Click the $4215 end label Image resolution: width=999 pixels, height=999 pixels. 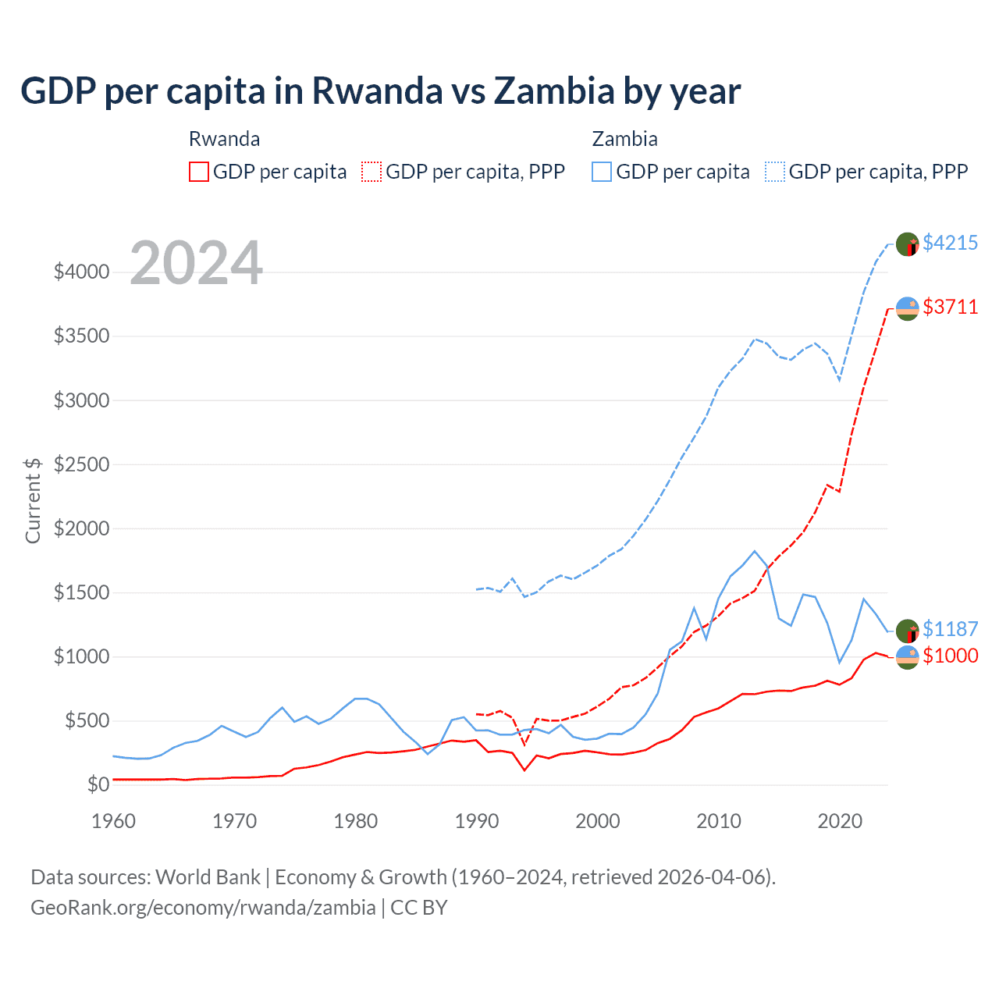[950, 243]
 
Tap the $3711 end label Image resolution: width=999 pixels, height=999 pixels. [950, 307]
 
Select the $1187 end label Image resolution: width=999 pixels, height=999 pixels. [950, 629]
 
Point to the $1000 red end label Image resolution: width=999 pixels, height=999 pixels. [950, 656]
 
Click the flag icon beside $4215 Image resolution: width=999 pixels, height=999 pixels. [907, 244]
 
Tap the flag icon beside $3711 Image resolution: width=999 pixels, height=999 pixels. [907, 308]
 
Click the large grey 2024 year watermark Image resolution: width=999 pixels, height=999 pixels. [196, 263]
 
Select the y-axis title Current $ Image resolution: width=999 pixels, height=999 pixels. [33, 500]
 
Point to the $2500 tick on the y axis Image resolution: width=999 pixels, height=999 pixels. [81, 464]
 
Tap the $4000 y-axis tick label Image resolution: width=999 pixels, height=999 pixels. [81, 272]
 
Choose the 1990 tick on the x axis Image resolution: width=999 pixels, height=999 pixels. [477, 821]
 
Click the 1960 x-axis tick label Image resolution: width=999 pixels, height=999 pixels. [114, 821]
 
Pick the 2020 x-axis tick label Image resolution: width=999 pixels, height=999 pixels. [840, 821]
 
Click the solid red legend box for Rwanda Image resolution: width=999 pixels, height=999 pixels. [199, 172]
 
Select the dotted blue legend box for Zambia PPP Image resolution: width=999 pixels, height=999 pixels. [775, 172]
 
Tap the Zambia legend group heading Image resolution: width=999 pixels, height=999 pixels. [624, 139]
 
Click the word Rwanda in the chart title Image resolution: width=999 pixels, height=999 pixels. [377, 91]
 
